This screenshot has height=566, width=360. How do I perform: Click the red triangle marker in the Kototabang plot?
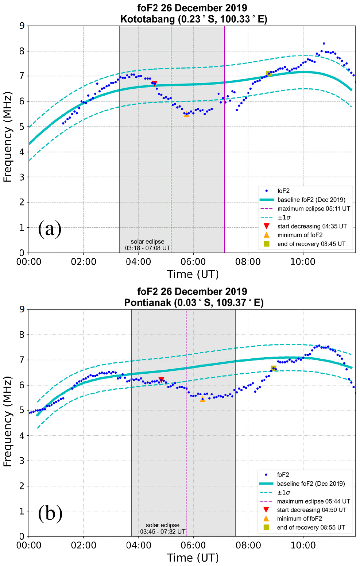tap(154, 84)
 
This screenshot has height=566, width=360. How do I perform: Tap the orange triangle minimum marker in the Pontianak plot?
tap(202, 399)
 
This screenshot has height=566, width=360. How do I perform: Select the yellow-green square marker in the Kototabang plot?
tap(268, 74)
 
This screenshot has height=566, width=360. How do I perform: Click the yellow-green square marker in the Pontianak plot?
tap(273, 368)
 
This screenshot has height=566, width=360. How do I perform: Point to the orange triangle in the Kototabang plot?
tap(186, 114)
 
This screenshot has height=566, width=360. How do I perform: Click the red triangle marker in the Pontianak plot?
tap(161, 380)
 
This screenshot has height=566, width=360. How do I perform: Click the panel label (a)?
tap(50, 229)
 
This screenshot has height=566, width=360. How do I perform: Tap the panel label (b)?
tap(50, 513)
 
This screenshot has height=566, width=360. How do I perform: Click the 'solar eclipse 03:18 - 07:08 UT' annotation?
tap(147, 245)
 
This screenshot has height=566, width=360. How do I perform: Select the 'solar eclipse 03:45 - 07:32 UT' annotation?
tap(163, 528)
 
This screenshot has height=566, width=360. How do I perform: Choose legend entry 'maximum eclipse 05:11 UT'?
tap(314, 209)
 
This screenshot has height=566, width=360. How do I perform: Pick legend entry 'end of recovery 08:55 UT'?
tap(311, 527)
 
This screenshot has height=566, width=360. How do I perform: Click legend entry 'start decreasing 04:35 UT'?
tap(312, 226)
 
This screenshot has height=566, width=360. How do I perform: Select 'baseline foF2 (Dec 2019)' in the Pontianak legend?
tap(311, 484)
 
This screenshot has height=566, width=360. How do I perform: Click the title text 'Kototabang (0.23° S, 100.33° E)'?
tap(194, 19)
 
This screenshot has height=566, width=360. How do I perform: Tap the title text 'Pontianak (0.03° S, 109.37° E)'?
tap(194, 303)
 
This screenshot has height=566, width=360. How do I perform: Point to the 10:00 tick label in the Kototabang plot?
tap(303, 262)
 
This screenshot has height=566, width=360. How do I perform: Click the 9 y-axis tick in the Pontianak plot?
tap(22, 309)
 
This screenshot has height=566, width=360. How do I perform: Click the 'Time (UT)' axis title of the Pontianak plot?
tap(193, 558)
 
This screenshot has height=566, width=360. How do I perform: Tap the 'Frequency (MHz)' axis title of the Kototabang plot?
tap(8, 137)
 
